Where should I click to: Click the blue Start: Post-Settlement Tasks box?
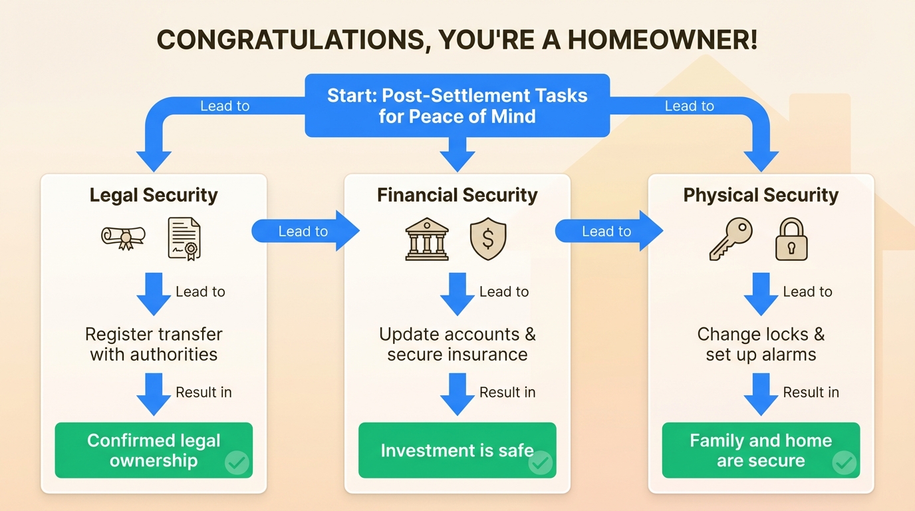(457, 106)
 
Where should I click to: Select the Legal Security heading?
(154, 195)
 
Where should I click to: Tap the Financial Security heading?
(457, 195)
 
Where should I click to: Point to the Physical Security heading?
(761, 195)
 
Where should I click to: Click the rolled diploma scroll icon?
(123, 238)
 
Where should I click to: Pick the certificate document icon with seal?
(184, 239)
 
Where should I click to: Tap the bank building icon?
(427, 239)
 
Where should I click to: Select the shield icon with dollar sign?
(488, 239)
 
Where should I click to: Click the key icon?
(731, 239)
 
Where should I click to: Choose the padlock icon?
(791, 239)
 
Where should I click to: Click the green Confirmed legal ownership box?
(154, 450)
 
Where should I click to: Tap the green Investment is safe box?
(457, 450)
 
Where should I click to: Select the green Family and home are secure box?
(761, 450)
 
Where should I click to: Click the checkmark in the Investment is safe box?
(541, 463)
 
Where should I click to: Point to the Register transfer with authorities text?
(154, 344)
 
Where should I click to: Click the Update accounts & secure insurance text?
(457, 344)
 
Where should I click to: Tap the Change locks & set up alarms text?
(761, 344)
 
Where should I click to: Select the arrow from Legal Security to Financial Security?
(305, 231)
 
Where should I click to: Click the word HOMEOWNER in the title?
(662, 40)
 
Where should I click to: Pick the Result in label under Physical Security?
(811, 393)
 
